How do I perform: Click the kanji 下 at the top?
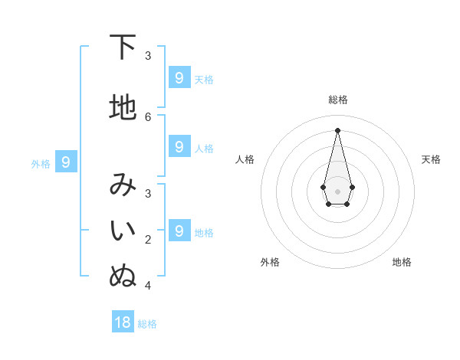(x=123, y=47)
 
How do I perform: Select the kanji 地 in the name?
(x=123, y=108)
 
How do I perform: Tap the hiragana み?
(x=123, y=185)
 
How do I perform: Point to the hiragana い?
(x=123, y=231)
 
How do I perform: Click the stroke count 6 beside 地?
(x=148, y=116)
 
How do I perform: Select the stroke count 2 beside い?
(x=148, y=239)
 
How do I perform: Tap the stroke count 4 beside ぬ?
(x=148, y=285)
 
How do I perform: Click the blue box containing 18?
(x=123, y=322)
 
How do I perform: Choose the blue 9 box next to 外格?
(x=66, y=162)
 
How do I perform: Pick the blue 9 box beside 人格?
(x=179, y=146)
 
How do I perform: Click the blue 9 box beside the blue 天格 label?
(x=179, y=77)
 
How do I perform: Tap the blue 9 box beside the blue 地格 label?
(x=179, y=231)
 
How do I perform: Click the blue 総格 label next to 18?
(x=147, y=324)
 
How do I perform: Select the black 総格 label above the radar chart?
(x=337, y=100)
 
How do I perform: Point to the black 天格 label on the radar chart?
(x=431, y=159)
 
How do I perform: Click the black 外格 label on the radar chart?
(x=270, y=262)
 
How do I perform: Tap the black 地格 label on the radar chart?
(x=402, y=262)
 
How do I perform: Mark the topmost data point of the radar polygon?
(x=337, y=130)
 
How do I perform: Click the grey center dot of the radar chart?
(x=337, y=191)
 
